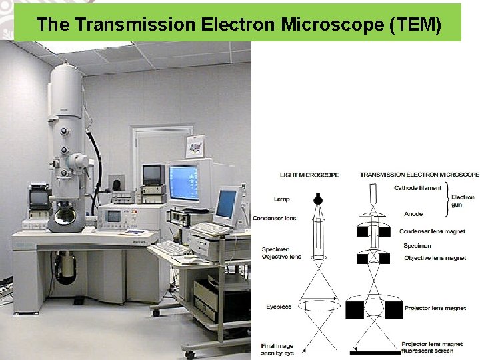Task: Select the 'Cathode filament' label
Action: (x=417, y=188)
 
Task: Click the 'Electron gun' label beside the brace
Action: (x=463, y=201)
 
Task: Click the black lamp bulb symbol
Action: (x=318, y=199)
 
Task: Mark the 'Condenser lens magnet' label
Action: (x=432, y=231)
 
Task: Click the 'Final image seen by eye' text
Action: (x=277, y=349)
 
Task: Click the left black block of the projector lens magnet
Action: (x=355, y=309)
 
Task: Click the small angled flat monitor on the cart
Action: (x=227, y=205)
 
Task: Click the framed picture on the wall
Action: (x=195, y=145)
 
